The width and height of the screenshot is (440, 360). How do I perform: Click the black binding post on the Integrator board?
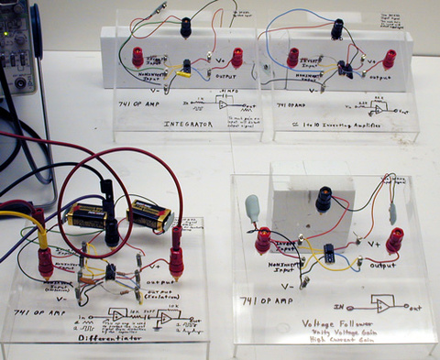coord(186,27)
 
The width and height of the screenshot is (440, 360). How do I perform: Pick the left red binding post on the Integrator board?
coord(138,57)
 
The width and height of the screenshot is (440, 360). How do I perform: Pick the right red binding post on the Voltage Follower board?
coord(395,240)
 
